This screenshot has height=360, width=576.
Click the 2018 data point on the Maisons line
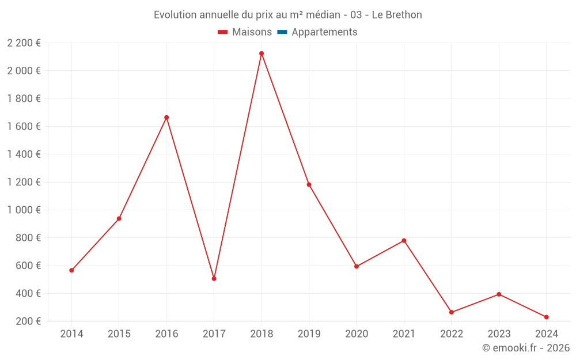coord(262,54)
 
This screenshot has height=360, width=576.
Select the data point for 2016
coord(166,118)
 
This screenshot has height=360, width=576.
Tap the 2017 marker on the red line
coord(214,279)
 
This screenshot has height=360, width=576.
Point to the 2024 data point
coord(546,317)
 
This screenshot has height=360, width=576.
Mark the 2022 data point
coord(452,312)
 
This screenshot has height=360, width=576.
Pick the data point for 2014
coord(71,270)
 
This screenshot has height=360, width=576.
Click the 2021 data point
coord(404,241)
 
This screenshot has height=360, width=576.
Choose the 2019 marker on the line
coord(309,185)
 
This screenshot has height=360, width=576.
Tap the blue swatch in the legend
coord(282,32)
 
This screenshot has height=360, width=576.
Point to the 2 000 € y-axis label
coord(24,71)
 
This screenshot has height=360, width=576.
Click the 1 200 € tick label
coord(24,182)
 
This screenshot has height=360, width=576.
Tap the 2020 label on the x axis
coord(357,334)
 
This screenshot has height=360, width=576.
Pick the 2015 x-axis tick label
coord(119,334)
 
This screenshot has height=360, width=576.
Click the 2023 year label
coord(499,334)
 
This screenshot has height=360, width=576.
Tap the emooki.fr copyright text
coord(526,348)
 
